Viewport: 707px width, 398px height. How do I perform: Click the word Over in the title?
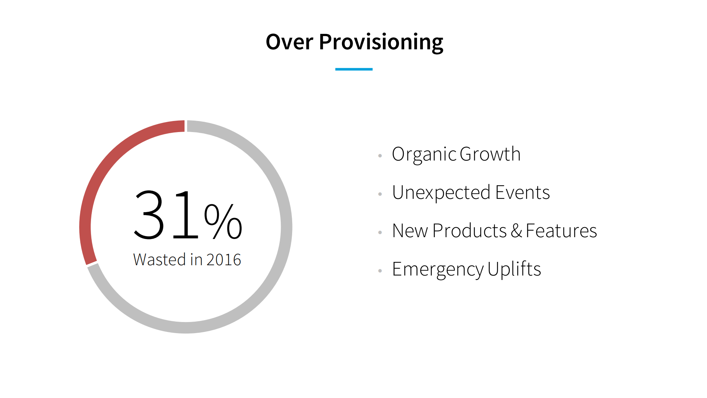tap(289, 42)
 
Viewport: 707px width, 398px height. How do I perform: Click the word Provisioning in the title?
tap(381, 42)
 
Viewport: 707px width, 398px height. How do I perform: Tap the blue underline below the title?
tap(354, 69)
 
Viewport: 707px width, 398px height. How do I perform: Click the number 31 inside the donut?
tap(166, 215)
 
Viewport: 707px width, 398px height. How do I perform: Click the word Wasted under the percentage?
tap(160, 260)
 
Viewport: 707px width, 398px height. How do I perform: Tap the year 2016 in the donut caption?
tap(224, 260)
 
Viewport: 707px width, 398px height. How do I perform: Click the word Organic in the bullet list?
tap(424, 154)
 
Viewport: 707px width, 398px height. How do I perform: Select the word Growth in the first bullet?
tap(490, 154)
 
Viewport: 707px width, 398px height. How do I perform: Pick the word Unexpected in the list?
tap(441, 193)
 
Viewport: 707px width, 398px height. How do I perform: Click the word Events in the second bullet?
tap(522, 193)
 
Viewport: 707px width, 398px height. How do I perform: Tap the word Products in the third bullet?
tap(469, 231)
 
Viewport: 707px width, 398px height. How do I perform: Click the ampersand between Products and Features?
tap(517, 231)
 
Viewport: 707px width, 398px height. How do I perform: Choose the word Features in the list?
tap(561, 231)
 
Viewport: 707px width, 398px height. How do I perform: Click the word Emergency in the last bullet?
tap(438, 269)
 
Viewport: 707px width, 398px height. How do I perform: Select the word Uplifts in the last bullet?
tap(514, 269)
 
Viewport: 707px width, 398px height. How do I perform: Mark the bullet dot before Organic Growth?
tap(380, 156)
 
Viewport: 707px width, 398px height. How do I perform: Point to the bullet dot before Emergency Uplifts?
tap(380, 271)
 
